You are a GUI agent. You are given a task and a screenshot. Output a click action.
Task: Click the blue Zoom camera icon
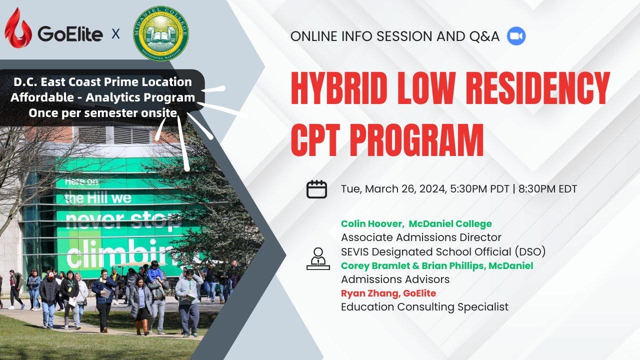(x=516, y=36)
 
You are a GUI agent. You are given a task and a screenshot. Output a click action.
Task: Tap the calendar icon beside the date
(x=316, y=189)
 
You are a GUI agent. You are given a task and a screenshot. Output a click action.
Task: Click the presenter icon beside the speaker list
(x=318, y=259)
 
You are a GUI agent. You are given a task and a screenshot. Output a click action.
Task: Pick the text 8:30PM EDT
(x=548, y=189)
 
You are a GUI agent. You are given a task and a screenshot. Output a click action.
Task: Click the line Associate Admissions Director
(x=421, y=237)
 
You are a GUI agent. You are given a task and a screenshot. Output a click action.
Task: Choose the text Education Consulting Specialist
(x=424, y=307)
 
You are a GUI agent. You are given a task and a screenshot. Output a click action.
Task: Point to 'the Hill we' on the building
(x=98, y=198)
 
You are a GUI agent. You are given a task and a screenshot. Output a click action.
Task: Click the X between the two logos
(x=115, y=34)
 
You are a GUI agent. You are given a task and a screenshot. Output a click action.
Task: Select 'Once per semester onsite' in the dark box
(x=102, y=113)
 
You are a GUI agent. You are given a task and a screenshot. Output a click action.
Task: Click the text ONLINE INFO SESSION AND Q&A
(x=395, y=36)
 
